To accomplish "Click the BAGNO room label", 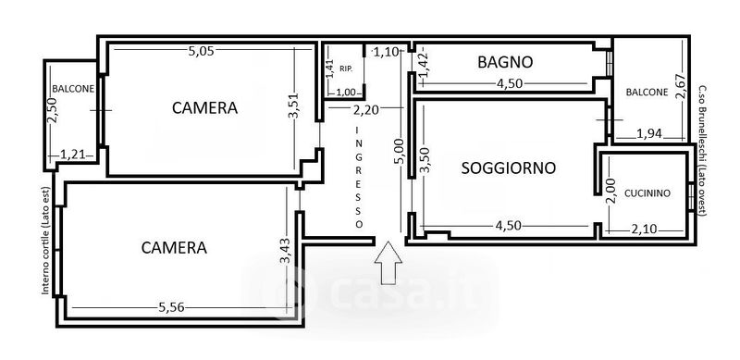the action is [505, 62].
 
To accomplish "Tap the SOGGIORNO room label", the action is [508, 168].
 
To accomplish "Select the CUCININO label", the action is [647, 193].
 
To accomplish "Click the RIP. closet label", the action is [345, 68].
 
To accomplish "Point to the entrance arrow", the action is [388, 263].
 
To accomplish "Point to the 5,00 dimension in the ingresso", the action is [400, 151].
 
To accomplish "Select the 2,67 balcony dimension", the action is [680, 87].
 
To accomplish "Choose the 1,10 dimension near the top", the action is [386, 52].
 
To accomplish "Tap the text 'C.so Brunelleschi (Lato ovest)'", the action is [702, 151].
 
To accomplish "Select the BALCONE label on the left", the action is [73, 88].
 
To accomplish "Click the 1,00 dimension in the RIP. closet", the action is [346, 93].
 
